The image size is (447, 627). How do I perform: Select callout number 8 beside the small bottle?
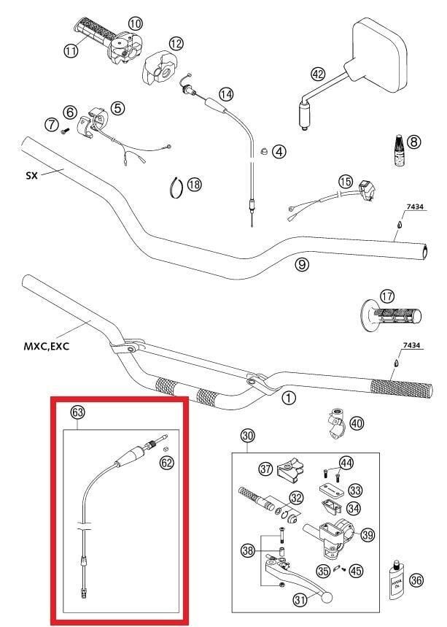[x=413, y=142]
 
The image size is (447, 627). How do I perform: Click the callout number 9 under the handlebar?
[x=302, y=264]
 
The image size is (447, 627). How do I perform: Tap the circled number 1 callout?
[x=289, y=398]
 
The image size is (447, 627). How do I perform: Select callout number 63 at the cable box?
[x=77, y=412]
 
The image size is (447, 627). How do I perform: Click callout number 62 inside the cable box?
[x=166, y=462]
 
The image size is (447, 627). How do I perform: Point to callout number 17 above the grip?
[x=386, y=297]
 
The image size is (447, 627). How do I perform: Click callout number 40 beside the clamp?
[x=356, y=423]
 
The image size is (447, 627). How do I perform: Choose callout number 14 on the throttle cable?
[x=226, y=94]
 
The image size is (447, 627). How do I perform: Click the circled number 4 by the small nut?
[x=279, y=152]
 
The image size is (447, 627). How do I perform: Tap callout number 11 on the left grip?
[x=71, y=50]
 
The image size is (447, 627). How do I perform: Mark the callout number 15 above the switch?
[x=345, y=181]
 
